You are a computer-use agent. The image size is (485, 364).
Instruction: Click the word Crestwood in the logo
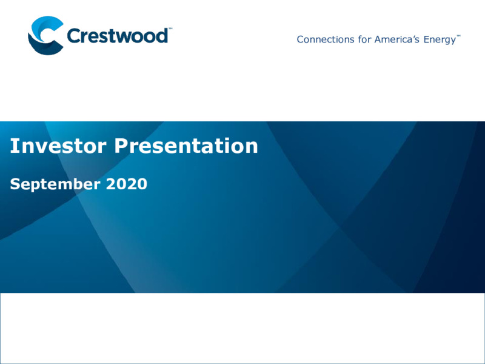point(118,36)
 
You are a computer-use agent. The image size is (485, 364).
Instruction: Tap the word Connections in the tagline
point(326,39)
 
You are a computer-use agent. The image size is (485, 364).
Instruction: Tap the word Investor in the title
point(58,146)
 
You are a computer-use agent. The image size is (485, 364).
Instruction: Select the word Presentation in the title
point(186,146)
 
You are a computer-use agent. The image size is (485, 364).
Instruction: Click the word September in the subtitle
point(55,184)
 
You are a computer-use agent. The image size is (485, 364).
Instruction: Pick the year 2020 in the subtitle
point(127,184)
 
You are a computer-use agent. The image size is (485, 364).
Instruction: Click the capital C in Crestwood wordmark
point(73,36)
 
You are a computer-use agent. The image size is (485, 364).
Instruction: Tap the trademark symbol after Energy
point(458,36)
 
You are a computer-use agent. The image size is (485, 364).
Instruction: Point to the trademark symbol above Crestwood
point(170,29)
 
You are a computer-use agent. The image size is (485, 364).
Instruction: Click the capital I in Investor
point(13,146)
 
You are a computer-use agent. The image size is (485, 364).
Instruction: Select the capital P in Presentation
point(121,146)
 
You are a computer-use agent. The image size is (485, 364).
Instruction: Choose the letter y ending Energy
point(453,41)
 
